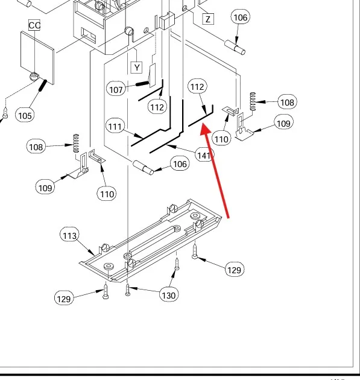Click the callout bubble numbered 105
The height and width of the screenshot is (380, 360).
(x=25, y=115)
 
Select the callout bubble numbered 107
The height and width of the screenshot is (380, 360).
(x=116, y=89)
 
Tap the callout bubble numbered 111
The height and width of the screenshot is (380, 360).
(x=115, y=126)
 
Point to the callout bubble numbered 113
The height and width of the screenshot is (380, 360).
(x=69, y=235)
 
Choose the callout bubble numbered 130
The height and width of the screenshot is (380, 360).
(x=169, y=295)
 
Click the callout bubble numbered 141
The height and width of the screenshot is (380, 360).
(x=204, y=155)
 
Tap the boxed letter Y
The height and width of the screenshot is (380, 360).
(x=137, y=68)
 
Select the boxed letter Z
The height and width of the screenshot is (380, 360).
(x=208, y=19)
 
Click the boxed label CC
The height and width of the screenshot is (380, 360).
(x=34, y=25)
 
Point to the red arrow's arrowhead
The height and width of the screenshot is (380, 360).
(x=206, y=128)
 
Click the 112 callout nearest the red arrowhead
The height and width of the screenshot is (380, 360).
(x=197, y=86)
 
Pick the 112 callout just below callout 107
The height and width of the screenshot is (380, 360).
(x=157, y=107)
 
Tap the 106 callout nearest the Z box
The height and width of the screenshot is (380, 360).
(x=241, y=17)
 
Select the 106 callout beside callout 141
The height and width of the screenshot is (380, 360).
(x=180, y=164)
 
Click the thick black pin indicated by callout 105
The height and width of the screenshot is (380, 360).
(x=42, y=86)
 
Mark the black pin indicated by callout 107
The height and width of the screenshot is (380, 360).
(x=142, y=84)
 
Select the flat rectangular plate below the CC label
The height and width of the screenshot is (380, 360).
(x=37, y=58)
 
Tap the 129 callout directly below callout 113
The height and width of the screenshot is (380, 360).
(x=64, y=299)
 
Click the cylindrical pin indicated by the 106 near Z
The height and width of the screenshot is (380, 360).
(x=235, y=47)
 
